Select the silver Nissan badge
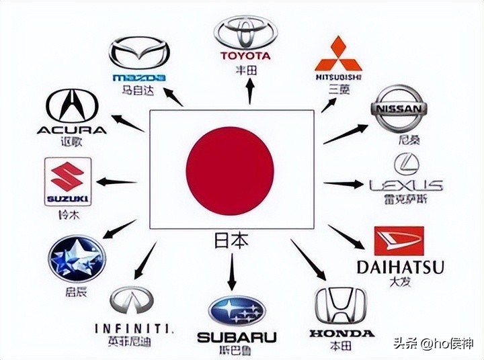(x=399, y=108)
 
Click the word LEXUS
(x=406, y=185)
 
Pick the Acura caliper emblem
(x=72, y=107)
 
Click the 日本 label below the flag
(x=231, y=240)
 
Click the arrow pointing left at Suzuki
(x=117, y=181)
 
